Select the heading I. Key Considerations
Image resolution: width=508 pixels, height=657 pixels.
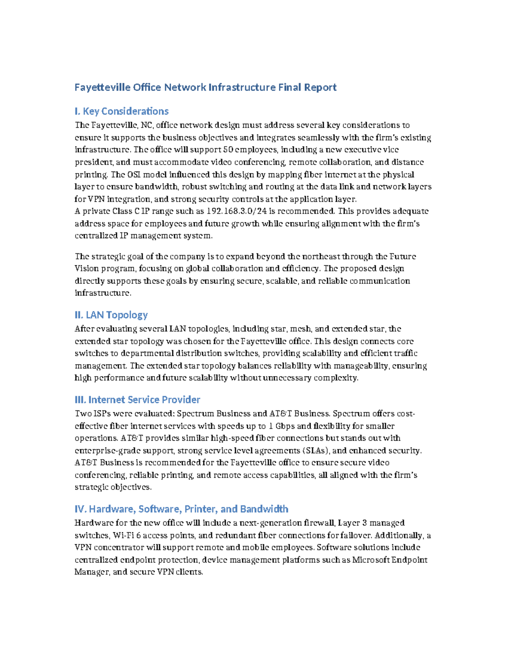[121, 111]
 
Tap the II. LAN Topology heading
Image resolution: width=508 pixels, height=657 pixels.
[111, 315]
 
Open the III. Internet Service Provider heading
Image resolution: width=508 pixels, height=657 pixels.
[137, 400]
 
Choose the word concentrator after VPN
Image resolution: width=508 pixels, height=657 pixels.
[116, 547]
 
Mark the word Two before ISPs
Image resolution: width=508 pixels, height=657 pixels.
[83, 414]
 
